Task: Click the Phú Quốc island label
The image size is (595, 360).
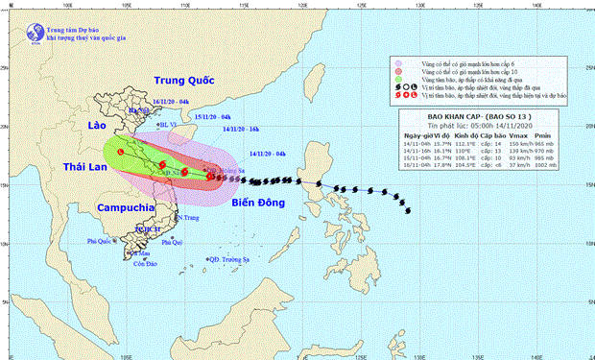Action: click(x=99, y=240)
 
